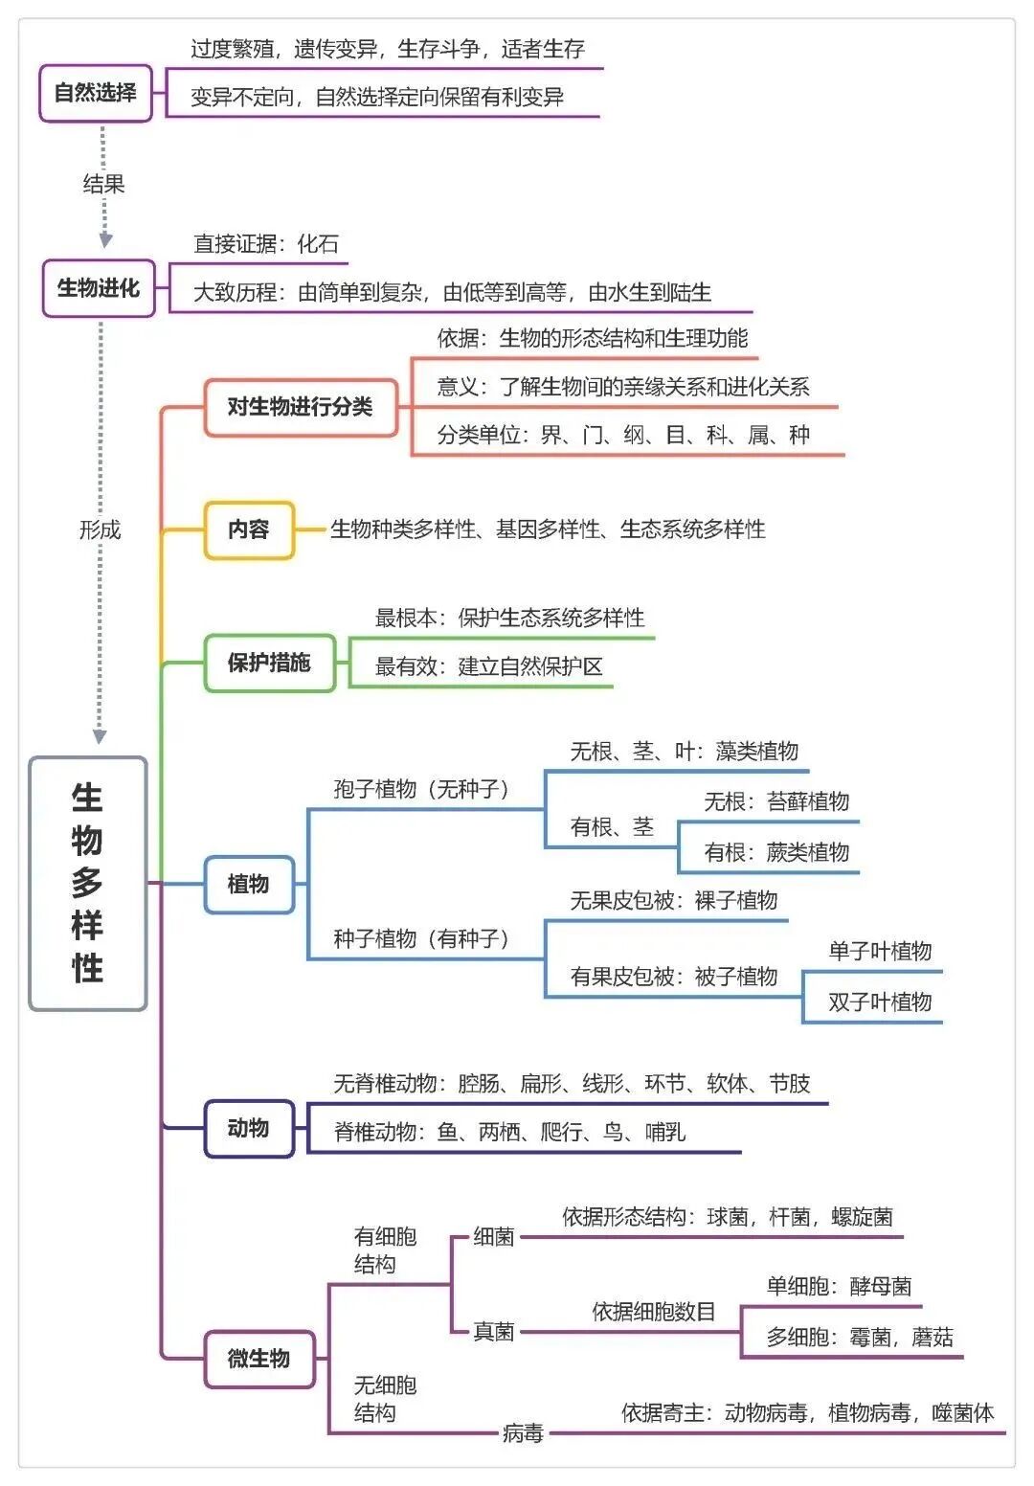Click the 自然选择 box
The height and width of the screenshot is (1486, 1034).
pyautogui.click(x=96, y=93)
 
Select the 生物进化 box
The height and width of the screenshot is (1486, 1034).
pyautogui.click(x=99, y=288)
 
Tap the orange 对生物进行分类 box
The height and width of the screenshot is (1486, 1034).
pyautogui.click(x=301, y=407)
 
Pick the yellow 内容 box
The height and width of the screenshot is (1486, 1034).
pyautogui.click(x=249, y=529)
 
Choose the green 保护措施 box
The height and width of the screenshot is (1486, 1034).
pyautogui.click(x=269, y=663)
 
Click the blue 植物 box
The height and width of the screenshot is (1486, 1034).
pyautogui.click(x=249, y=884)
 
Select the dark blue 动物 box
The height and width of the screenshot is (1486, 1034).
pyautogui.click(x=249, y=1129)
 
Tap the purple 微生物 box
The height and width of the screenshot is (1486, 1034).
pyautogui.click(x=258, y=1359)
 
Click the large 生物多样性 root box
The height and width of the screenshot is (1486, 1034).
pyautogui.click(x=87, y=883)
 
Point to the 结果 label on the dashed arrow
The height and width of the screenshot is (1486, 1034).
pyautogui.click(x=103, y=184)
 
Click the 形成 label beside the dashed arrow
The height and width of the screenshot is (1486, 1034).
pyautogui.click(x=100, y=530)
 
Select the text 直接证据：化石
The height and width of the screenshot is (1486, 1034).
pyautogui.click(x=266, y=244)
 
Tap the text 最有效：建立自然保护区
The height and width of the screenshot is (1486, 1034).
pyautogui.click(x=488, y=666)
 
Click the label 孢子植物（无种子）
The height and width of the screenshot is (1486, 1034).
pyautogui.click(x=421, y=789)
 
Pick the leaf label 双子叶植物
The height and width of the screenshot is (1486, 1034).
pyautogui.click(x=880, y=1002)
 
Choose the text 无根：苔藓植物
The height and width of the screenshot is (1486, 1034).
pyautogui.click(x=776, y=801)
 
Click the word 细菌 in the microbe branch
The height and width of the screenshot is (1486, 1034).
pyautogui.click(x=494, y=1237)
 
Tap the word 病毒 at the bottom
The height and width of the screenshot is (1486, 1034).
pyautogui.click(x=523, y=1433)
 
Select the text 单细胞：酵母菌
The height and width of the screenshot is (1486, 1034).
pyautogui.click(x=839, y=1286)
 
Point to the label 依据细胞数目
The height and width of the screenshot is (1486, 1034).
pyautogui.click(x=653, y=1312)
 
